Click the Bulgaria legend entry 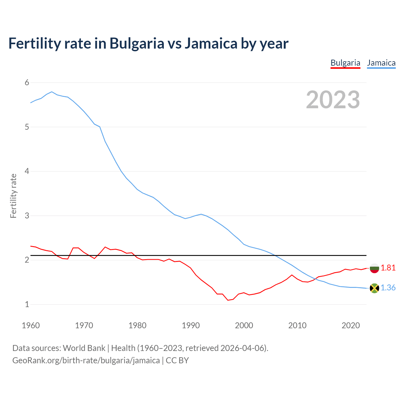tap(345, 63)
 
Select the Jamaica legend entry tap(381, 63)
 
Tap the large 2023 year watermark tap(333, 100)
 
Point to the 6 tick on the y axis tap(27, 83)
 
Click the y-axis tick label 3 tap(27, 216)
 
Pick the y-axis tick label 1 tap(27, 305)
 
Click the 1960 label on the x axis tap(31, 325)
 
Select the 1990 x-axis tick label tap(191, 325)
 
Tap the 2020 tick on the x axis tap(351, 325)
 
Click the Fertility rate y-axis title tap(13, 196)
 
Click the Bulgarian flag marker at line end tap(374, 268)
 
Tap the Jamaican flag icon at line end tap(374, 288)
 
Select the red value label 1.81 tap(388, 268)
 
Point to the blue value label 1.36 tap(388, 288)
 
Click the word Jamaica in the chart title tap(211, 43)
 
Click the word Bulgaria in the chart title tap(137, 43)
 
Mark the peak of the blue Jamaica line tap(52, 92)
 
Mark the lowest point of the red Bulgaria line tap(228, 300)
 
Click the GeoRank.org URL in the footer tap(86, 360)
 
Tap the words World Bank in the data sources tap(84, 348)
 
